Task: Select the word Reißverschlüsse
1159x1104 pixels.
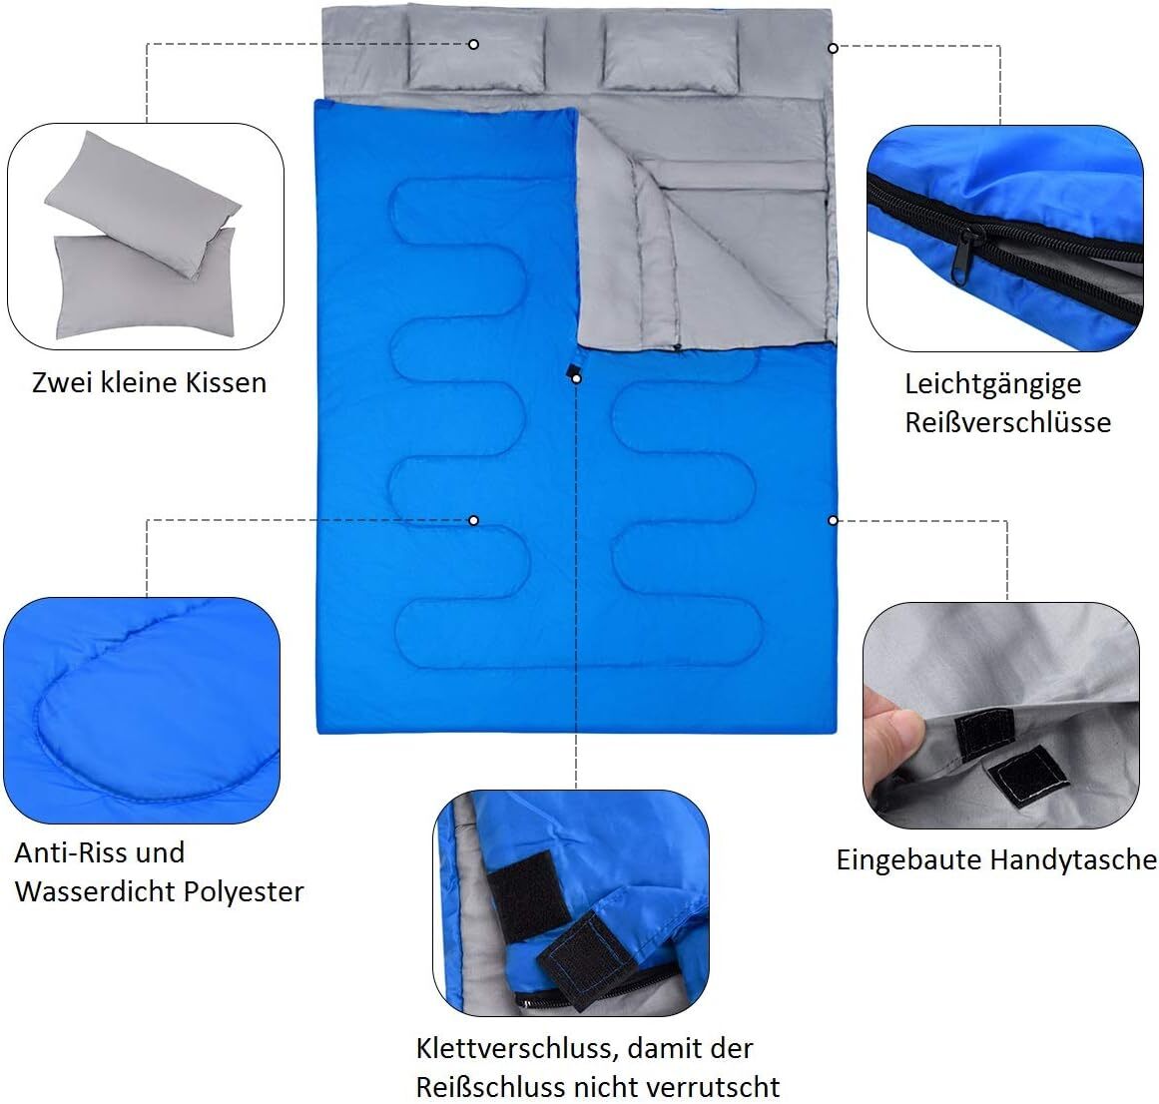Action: tap(1007, 422)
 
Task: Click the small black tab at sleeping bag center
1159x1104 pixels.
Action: tap(573, 374)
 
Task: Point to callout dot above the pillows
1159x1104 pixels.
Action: tap(473, 44)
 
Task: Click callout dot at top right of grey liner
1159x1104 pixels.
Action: tap(833, 46)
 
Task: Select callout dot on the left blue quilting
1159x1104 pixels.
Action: tap(473, 520)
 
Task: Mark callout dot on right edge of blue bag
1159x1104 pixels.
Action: tap(833, 520)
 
